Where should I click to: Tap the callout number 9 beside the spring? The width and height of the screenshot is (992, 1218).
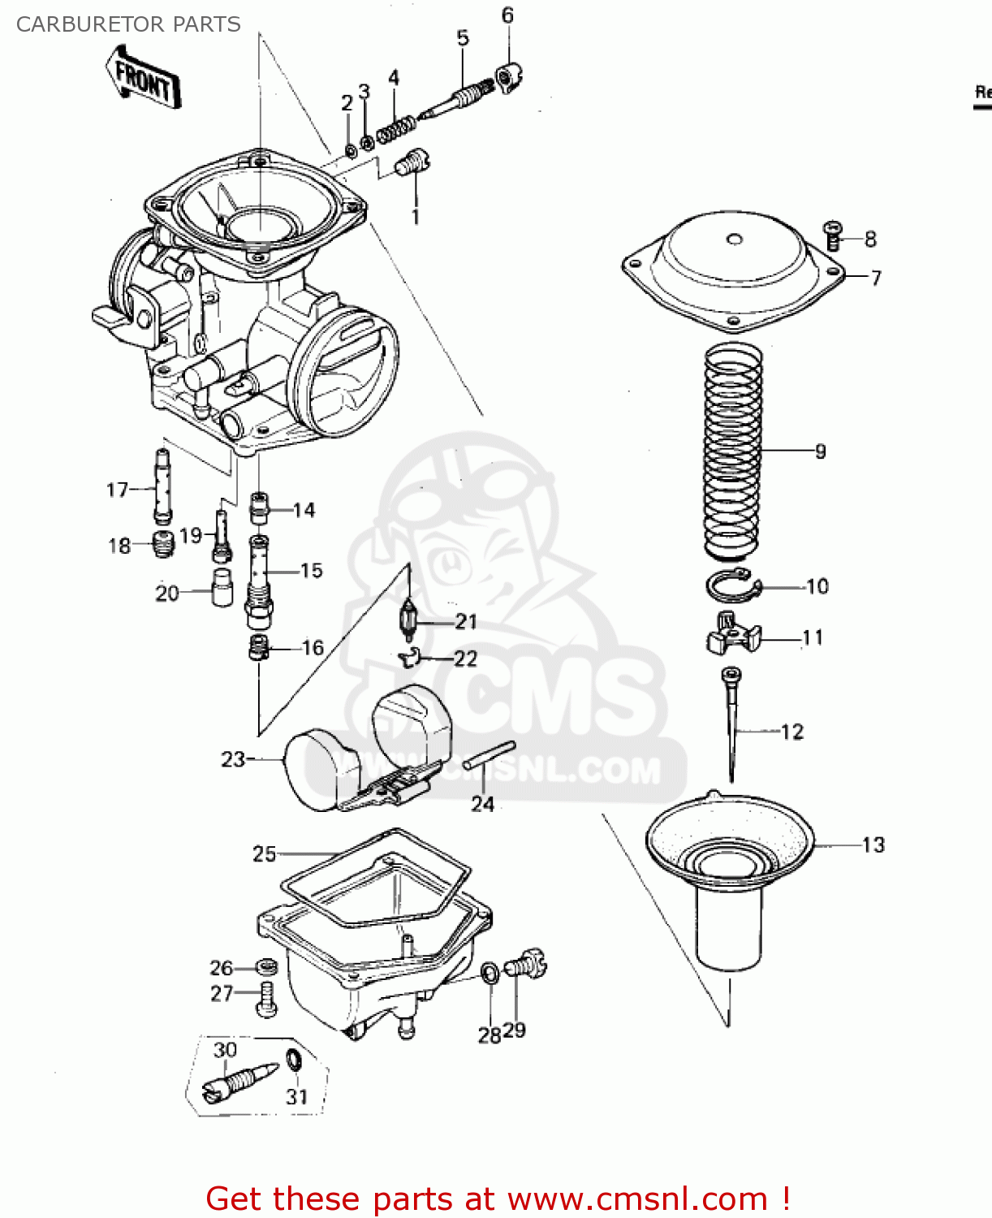820,451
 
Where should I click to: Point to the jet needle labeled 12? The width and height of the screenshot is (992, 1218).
732,723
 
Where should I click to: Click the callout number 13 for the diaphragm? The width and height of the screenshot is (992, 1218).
873,845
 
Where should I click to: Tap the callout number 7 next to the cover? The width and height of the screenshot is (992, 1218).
876,278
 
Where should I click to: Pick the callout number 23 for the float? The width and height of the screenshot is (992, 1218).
232,759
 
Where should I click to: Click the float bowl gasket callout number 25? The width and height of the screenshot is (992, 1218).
264,854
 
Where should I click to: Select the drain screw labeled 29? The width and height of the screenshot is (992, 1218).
526,965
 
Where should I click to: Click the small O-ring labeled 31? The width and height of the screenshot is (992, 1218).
294,1060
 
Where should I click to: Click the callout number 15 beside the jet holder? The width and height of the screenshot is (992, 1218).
311,571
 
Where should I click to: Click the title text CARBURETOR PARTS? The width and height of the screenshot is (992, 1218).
128,24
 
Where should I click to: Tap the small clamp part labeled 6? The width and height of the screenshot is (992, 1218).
507,78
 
